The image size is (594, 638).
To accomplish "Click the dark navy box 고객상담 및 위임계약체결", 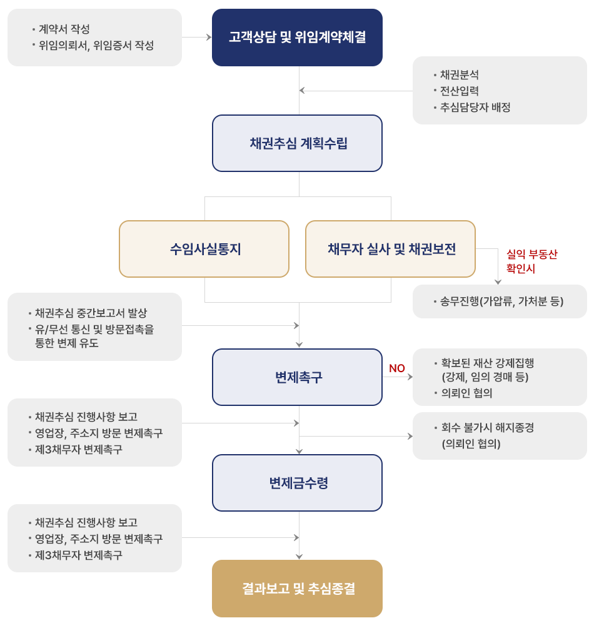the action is (297, 38).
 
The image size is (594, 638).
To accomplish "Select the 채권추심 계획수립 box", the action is (297, 143).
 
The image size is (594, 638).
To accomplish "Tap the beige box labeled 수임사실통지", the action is (204, 249).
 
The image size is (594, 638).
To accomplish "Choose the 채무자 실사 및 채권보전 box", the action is (391, 249).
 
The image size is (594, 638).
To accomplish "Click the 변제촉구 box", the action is (297, 377).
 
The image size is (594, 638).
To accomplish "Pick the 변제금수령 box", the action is (297, 483).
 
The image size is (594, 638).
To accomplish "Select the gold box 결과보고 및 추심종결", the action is (297, 589).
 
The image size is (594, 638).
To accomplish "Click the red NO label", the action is (396, 368).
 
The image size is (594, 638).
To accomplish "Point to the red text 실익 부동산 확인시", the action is (531, 261).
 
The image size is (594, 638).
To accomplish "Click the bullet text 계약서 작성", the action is (64, 29).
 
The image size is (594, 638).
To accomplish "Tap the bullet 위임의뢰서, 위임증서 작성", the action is (96, 45).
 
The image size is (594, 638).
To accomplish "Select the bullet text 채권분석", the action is (460, 74).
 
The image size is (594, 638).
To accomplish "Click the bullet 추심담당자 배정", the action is (475, 107).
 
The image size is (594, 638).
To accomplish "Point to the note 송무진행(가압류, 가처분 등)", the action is (501, 301).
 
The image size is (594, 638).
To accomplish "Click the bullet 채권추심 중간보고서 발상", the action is (91, 313).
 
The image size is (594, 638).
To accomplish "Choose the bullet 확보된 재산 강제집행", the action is (488, 363).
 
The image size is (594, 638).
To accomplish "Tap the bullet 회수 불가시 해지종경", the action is (488, 427).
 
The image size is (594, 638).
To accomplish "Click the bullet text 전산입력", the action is (460, 91).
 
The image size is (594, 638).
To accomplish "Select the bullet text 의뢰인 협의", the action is (466, 393).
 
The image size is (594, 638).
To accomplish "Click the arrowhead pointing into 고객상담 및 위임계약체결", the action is (209, 38).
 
